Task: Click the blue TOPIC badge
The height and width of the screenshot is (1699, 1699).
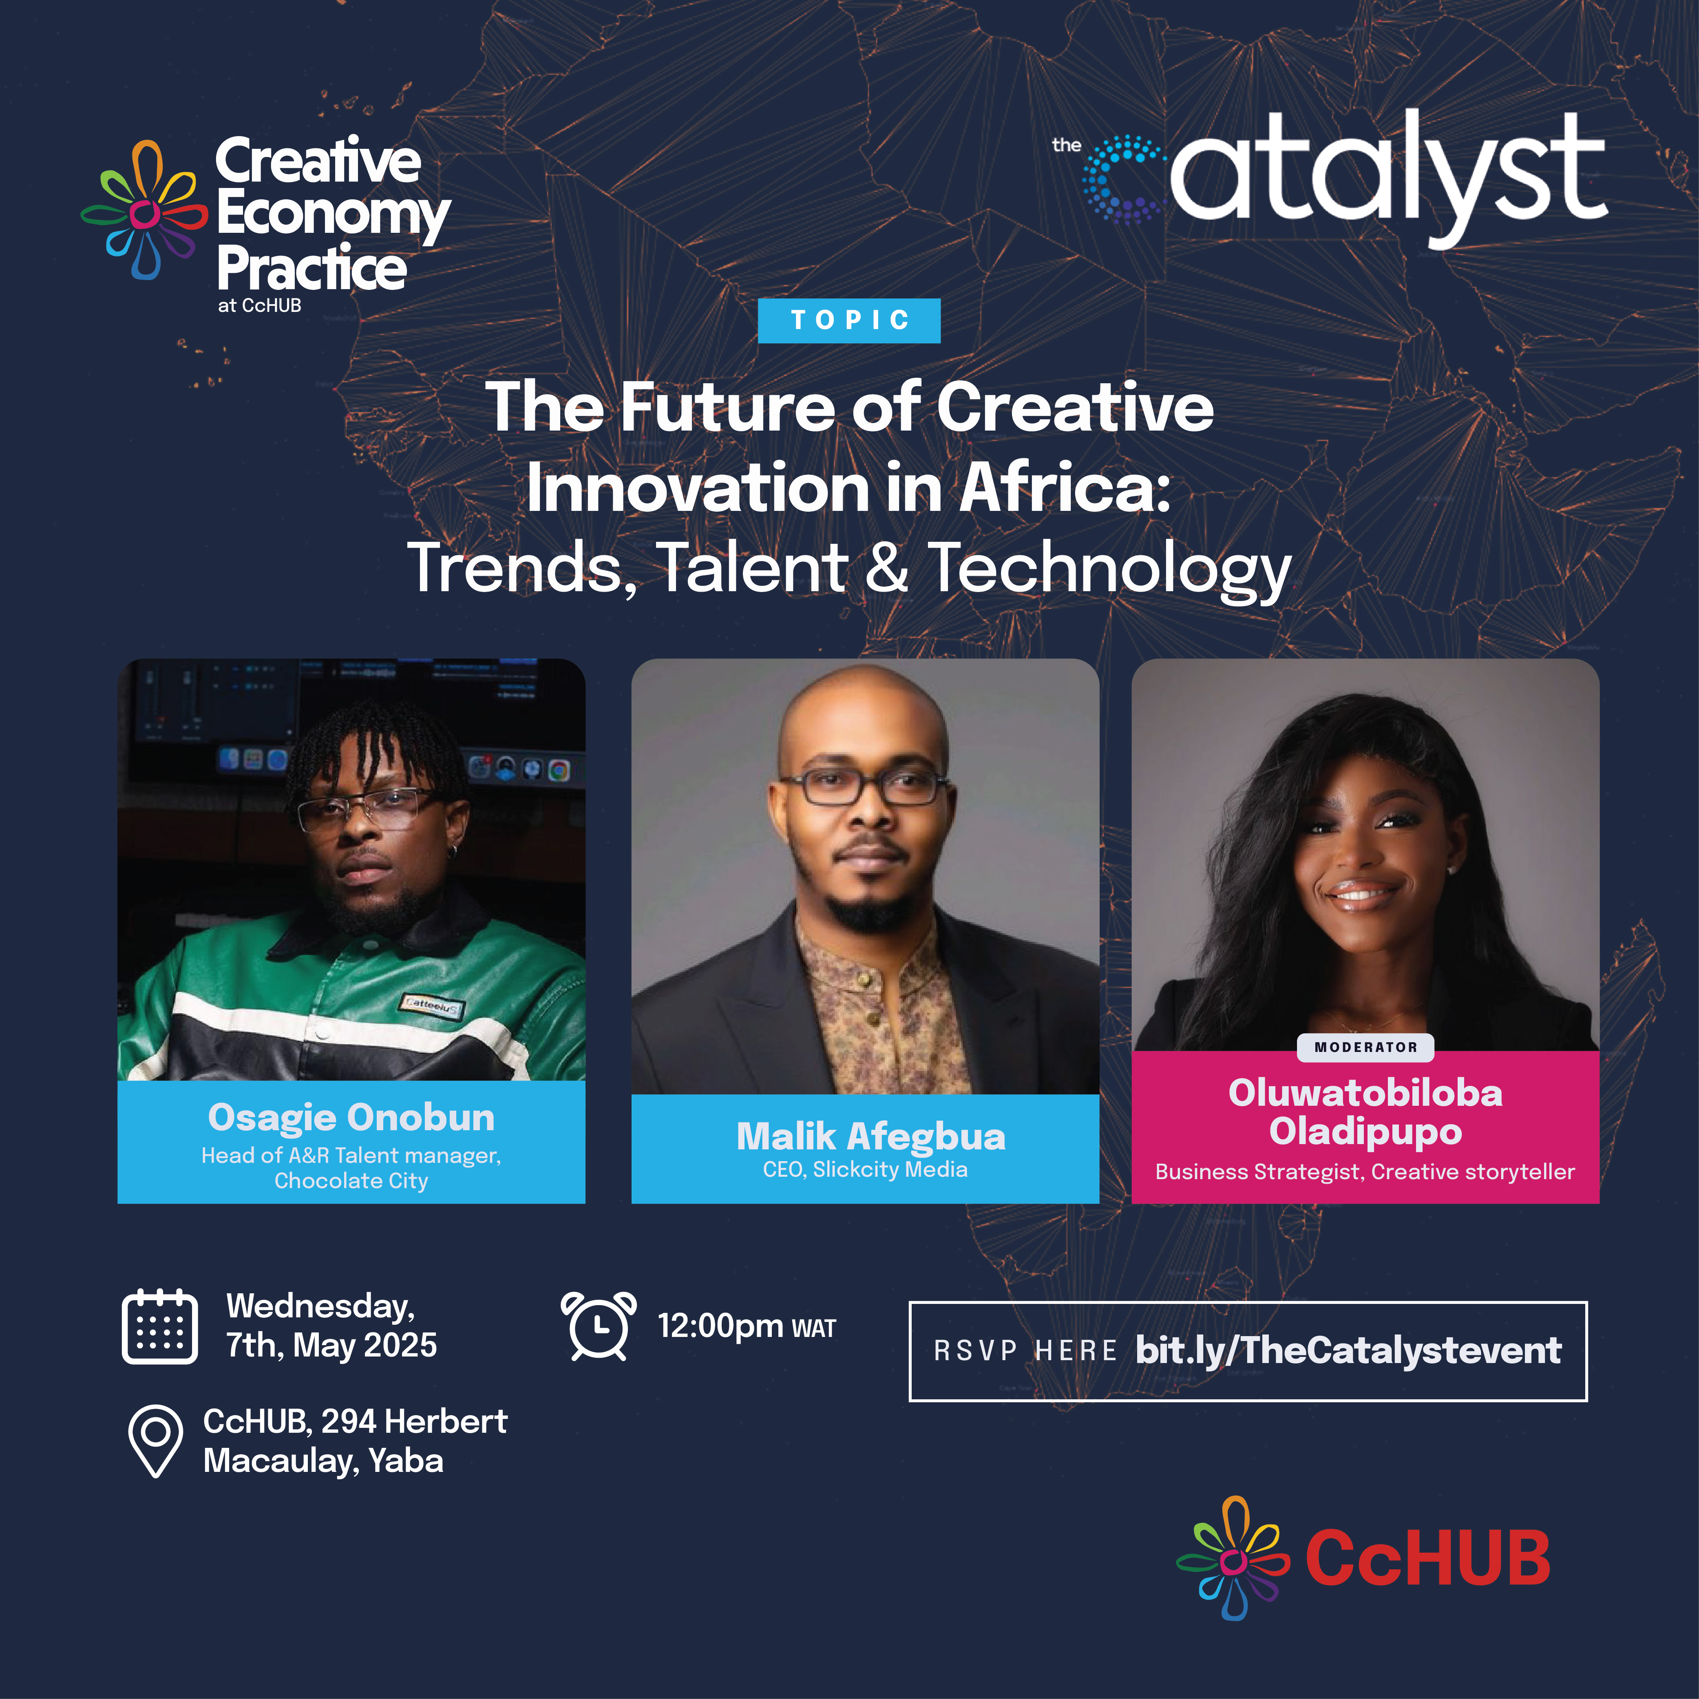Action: tap(848, 320)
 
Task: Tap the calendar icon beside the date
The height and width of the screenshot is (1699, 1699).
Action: tap(159, 1326)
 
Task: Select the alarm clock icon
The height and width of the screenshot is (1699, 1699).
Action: tap(598, 1326)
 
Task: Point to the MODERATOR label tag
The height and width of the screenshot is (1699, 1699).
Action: tap(1366, 1047)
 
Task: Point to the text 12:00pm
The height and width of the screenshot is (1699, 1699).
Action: tap(720, 1325)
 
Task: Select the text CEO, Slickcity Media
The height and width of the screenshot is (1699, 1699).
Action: tap(865, 1170)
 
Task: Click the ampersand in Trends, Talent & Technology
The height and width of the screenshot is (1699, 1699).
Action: tap(886, 567)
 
